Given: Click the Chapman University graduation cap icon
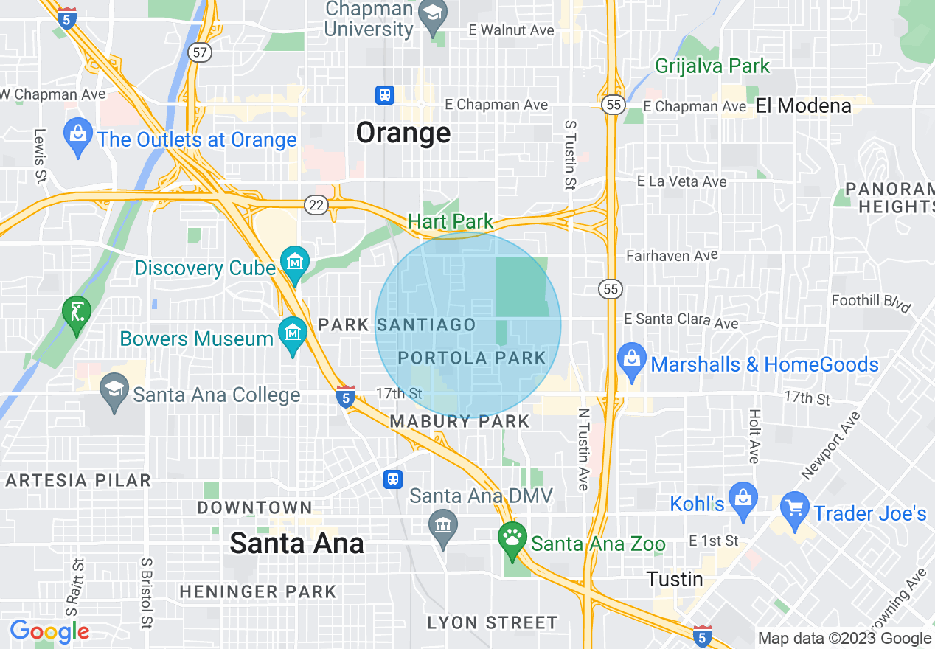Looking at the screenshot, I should click(433, 13).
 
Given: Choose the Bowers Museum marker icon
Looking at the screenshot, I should click(293, 333).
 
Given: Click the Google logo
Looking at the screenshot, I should click(49, 631).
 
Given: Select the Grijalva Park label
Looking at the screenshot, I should click(712, 66).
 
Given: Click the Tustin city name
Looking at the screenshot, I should click(675, 579).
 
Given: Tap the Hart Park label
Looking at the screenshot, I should click(451, 221).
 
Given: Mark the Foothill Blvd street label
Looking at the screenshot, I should click(871, 301).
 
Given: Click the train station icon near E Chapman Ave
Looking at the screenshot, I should click(384, 95).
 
